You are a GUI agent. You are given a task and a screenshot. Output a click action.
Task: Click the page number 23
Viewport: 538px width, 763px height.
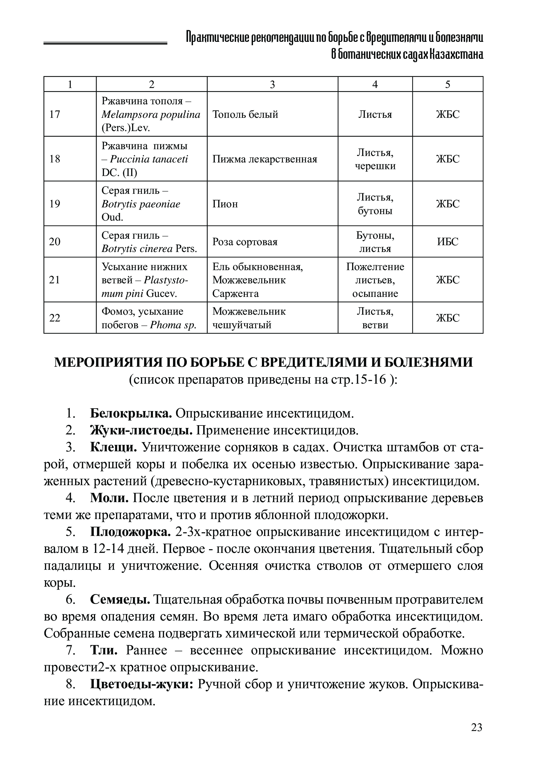point(476,727)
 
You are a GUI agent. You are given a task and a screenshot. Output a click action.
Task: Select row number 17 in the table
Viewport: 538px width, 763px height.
point(55,114)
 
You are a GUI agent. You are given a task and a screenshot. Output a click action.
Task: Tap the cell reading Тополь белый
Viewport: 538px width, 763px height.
point(245,114)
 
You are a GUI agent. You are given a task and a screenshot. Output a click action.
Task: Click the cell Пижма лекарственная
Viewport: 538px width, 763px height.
point(265,159)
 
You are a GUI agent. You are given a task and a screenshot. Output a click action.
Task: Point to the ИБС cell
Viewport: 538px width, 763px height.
point(448,242)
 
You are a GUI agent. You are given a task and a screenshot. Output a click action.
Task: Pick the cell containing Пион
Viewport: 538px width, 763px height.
point(225,204)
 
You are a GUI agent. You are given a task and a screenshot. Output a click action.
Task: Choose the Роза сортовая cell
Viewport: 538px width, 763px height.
point(245,242)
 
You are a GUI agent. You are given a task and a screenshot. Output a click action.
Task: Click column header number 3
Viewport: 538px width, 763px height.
point(272,84)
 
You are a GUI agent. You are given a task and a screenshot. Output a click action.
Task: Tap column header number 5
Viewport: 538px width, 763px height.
point(448,84)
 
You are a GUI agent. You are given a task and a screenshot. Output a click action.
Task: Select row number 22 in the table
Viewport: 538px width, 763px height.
point(55,318)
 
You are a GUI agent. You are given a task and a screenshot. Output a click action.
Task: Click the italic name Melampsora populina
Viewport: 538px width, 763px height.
point(151,115)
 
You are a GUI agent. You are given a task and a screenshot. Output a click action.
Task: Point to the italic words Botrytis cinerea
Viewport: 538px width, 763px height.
point(137,249)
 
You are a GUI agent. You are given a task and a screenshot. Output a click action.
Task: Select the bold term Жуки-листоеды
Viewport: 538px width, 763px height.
point(141,430)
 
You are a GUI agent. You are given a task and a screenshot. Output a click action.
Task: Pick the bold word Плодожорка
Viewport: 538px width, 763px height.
point(130,532)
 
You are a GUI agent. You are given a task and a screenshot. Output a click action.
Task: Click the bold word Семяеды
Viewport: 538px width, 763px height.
point(120,600)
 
